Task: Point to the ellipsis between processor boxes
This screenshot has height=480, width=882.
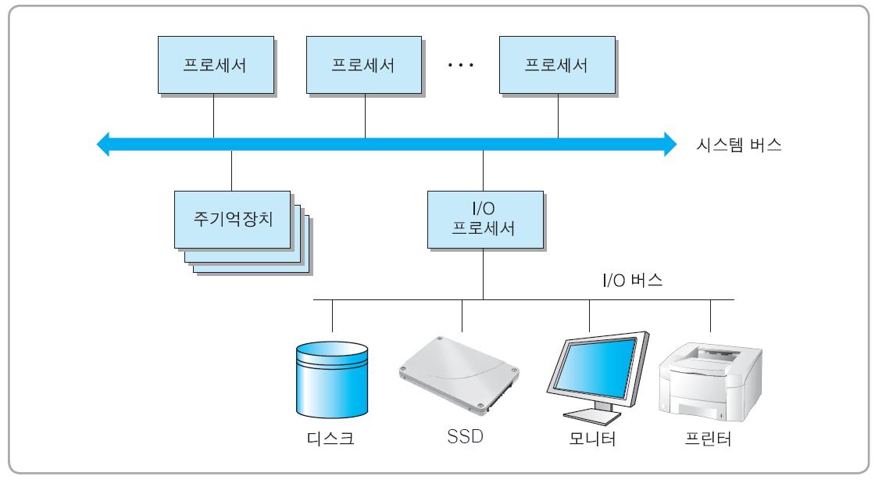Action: (x=461, y=66)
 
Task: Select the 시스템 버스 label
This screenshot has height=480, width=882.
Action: (x=738, y=145)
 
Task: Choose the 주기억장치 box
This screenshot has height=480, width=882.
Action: (x=233, y=219)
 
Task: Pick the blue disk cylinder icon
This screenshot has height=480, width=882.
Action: (x=332, y=378)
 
